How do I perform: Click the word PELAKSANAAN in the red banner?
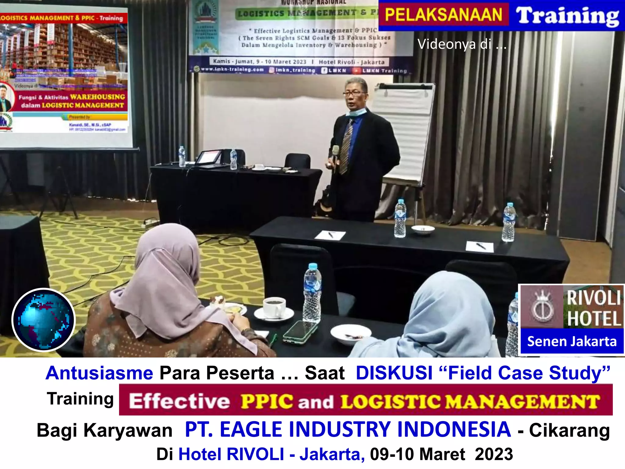point(443,15)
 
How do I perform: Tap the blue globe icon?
point(44,320)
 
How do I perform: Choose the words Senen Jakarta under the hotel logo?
point(572,341)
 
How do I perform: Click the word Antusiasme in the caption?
point(99,373)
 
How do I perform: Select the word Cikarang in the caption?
point(569,431)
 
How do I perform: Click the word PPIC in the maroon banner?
point(267,401)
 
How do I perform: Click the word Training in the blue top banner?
point(567,16)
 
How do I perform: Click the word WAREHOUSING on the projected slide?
point(98,97)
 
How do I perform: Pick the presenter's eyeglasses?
point(355,93)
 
